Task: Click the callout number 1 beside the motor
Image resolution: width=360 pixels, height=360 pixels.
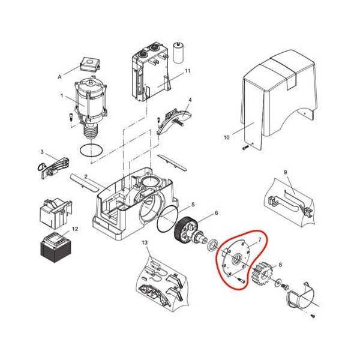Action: tap(62, 95)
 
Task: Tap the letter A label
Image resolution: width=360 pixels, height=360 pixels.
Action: tap(59, 77)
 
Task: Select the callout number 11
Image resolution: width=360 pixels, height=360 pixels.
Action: tap(188, 71)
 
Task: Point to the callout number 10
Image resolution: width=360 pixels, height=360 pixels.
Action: tap(226, 137)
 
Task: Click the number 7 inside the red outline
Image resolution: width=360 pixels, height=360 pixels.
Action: tap(260, 239)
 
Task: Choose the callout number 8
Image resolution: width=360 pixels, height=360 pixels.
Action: tap(280, 265)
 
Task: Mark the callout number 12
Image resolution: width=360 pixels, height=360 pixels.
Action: tap(75, 229)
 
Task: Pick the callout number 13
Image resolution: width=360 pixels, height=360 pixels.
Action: tap(145, 242)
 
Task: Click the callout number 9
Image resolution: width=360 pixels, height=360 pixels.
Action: tap(286, 172)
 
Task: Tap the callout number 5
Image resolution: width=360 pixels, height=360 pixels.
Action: tap(193, 205)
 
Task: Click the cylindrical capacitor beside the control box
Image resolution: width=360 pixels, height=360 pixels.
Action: tap(178, 52)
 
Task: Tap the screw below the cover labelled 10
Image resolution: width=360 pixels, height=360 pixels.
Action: tap(245, 148)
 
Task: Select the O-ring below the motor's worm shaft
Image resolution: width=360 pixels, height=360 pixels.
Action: tap(91, 150)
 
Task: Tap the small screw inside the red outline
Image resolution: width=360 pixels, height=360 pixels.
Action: tap(241, 280)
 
